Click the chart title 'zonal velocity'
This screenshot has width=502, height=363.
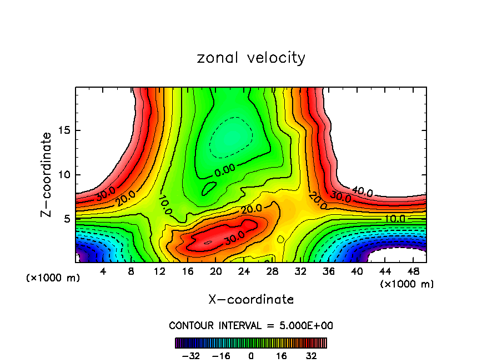[251, 58]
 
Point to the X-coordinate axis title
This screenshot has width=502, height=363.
[251, 300]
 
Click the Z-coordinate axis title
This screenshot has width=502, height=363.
[47, 174]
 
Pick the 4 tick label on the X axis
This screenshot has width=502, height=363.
[103, 272]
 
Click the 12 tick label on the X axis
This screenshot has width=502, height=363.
[160, 272]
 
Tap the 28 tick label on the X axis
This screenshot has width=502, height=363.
[272, 272]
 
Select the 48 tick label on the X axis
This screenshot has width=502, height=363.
[413, 272]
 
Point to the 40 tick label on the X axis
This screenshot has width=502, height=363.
[357, 272]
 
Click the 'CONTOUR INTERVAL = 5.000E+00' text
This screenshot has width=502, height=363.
[251, 325]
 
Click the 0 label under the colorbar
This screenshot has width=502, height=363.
[251, 356]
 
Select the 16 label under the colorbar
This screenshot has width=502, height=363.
[282, 356]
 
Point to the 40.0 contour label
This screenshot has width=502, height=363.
[362, 192]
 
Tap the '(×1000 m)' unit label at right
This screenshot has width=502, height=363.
[406, 284]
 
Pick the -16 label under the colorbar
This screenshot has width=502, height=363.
[221, 356]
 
